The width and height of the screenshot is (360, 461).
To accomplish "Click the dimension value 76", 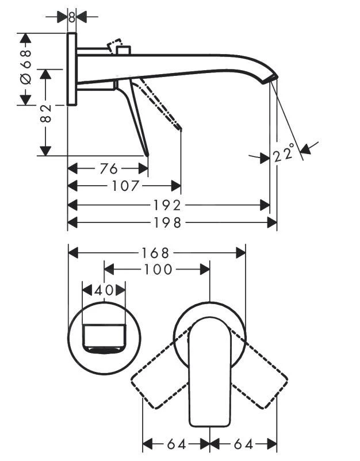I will (x=109, y=168).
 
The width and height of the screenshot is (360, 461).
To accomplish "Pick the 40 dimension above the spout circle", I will (x=104, y=290).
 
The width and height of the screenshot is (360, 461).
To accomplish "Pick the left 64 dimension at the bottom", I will (x=176, y=444).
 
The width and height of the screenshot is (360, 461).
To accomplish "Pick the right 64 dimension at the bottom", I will (x=243, y=444).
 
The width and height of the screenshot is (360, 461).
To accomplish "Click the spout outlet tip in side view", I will (x=273, y=79).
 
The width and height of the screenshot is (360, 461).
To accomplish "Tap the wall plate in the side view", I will (x=72, y=69).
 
